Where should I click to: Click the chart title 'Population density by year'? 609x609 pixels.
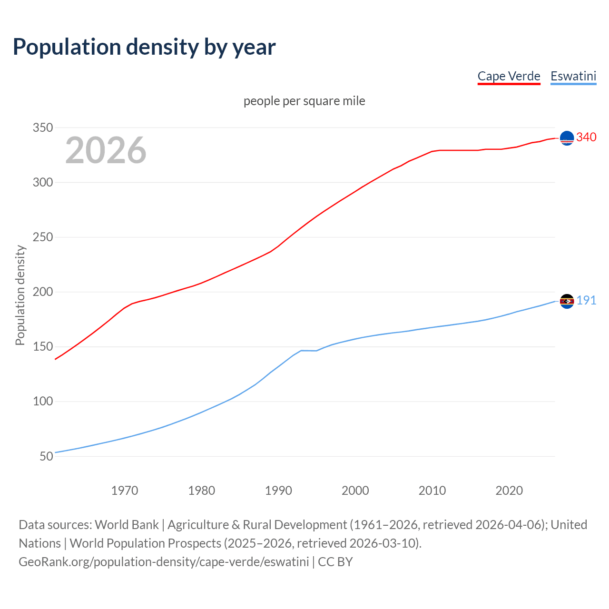coord(144,47)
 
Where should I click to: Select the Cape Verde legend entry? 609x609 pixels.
coord(509,76)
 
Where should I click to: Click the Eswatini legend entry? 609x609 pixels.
coord(573,76)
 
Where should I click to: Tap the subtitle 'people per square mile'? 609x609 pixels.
coord(304,101)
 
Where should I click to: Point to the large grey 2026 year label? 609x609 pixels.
coord(106,150)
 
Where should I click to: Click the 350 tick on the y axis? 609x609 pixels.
coord(42,128)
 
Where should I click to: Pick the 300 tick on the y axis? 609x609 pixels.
coord(42,182)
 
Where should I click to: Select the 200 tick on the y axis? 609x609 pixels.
coord(42,292)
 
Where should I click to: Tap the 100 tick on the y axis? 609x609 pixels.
coord(42,401)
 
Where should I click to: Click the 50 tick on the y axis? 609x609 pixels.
coord(46,456)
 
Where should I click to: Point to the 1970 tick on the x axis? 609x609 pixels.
coord(125,491)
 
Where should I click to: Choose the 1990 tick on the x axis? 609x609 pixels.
coord(278,491)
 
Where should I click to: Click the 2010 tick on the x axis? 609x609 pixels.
coord(432,491)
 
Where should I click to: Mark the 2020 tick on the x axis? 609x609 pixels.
coord(509,491)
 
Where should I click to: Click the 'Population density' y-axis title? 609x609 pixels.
coord(20,295)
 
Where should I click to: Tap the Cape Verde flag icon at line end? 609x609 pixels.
coord(567,138)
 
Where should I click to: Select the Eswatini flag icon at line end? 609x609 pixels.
coord(567,301)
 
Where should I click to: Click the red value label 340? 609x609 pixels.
coord(586,138)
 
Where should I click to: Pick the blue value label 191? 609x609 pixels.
coord(586,301)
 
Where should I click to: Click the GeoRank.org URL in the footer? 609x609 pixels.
coord(164,562)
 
